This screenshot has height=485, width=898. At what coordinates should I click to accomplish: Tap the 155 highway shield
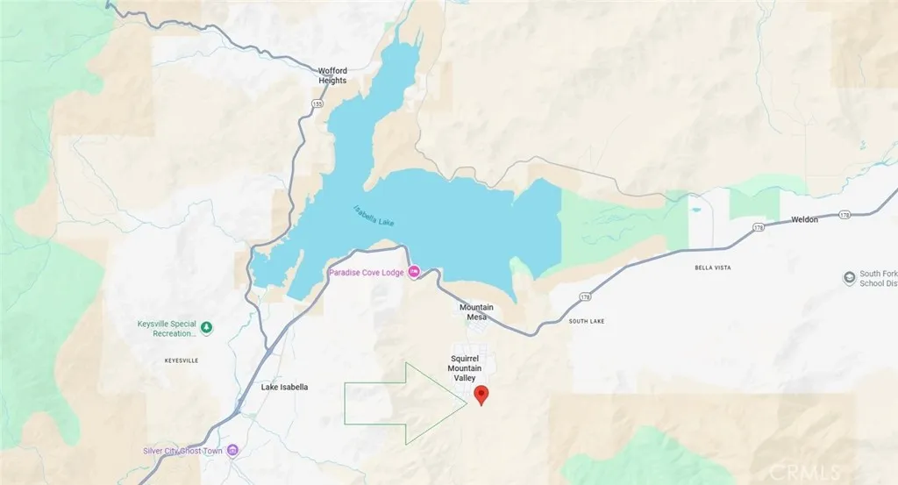coord(317,103)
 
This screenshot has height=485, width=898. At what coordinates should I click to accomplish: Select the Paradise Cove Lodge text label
coord(366,273)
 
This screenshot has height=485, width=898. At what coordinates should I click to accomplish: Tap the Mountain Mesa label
coord(477,312)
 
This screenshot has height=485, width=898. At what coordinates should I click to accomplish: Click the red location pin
coord(481,395)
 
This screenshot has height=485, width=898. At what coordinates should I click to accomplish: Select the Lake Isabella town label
coord(284,387)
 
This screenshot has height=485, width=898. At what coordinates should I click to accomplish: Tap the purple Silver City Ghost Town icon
coord(232,451)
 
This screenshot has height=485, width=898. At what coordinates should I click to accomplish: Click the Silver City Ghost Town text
coord(183,451)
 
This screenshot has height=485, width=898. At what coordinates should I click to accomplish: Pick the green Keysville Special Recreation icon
coord(207,328)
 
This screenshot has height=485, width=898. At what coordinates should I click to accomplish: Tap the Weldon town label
coord(804,219)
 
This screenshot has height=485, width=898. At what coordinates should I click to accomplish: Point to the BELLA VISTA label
coord(713,267)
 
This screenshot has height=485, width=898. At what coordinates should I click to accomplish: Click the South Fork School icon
coord(849,278)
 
